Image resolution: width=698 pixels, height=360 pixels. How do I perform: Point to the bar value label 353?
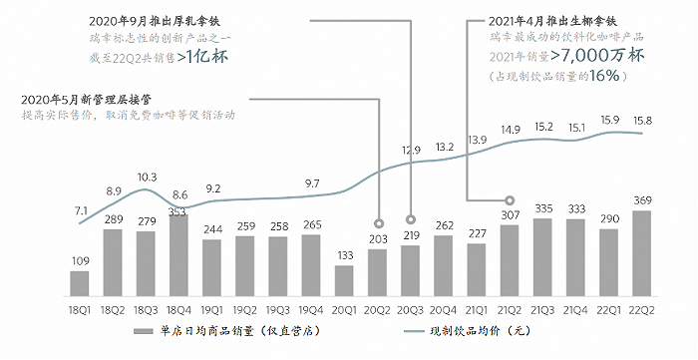177,210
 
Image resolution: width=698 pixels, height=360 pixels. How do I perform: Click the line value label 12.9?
411,150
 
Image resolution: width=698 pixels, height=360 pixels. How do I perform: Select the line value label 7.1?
80,210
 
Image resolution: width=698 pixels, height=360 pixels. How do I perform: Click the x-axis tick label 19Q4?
312,309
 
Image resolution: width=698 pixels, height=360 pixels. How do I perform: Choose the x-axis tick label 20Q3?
410,309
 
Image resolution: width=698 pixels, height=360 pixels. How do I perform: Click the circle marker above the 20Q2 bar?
378,223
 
